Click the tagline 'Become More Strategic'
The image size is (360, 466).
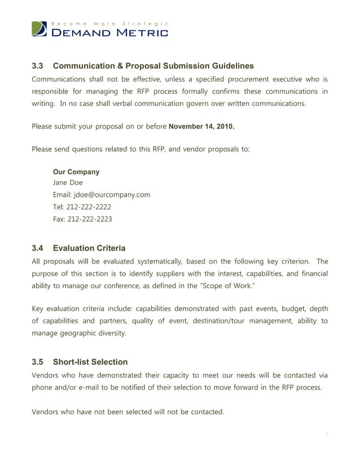[x=109, y=23]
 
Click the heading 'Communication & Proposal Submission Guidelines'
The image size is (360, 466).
[x=153, y=66]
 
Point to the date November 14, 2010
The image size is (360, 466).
[x=201, y=126]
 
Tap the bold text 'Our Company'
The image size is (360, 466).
[x=76, y=172]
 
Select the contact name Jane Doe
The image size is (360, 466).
[x=67, y=183]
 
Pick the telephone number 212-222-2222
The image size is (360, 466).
[x=89, y=206]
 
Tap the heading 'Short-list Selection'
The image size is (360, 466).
[x=90, y=362]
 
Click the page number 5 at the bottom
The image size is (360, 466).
[x=326, y=434]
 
